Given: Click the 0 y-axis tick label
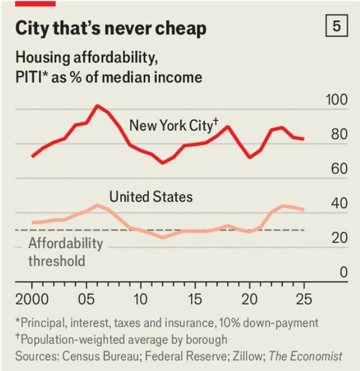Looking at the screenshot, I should (x=343, y=273).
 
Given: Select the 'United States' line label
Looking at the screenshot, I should (x=151, y=197).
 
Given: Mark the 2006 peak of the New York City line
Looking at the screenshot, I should (x=97, y=106).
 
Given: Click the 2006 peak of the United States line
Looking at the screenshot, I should (x=97, y=205).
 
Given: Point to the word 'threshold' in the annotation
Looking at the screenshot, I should (x=56, y=261).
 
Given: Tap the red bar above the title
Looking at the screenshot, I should (x=35, y=3).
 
